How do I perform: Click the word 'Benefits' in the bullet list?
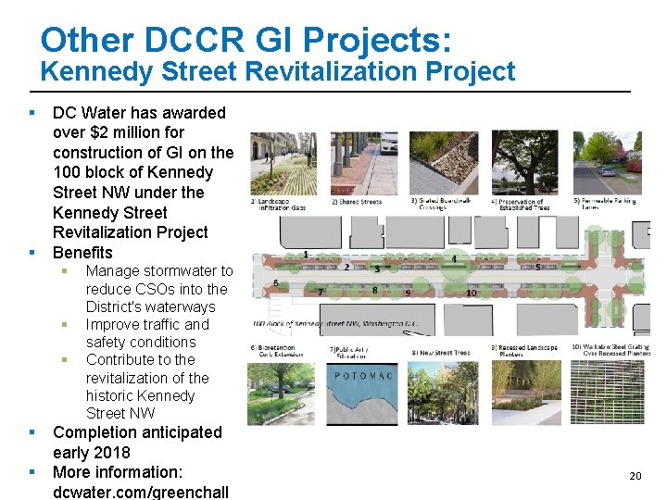82,253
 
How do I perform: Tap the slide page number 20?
635,476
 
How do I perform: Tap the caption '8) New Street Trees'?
441,353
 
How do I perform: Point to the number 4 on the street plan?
454,258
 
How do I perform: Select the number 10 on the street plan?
471,294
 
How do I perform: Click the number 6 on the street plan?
276,283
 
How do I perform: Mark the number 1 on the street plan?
306,254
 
